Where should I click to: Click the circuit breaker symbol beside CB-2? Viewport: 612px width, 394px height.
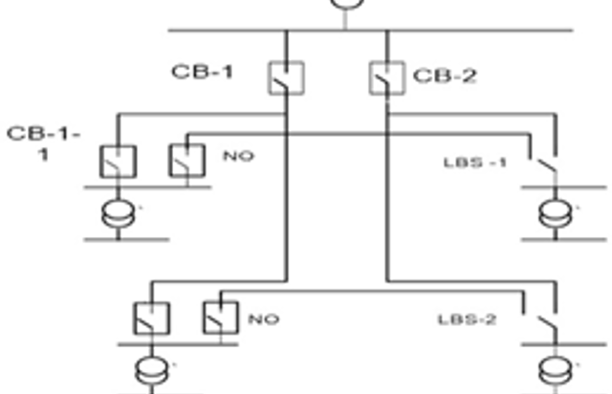point(386,77)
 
